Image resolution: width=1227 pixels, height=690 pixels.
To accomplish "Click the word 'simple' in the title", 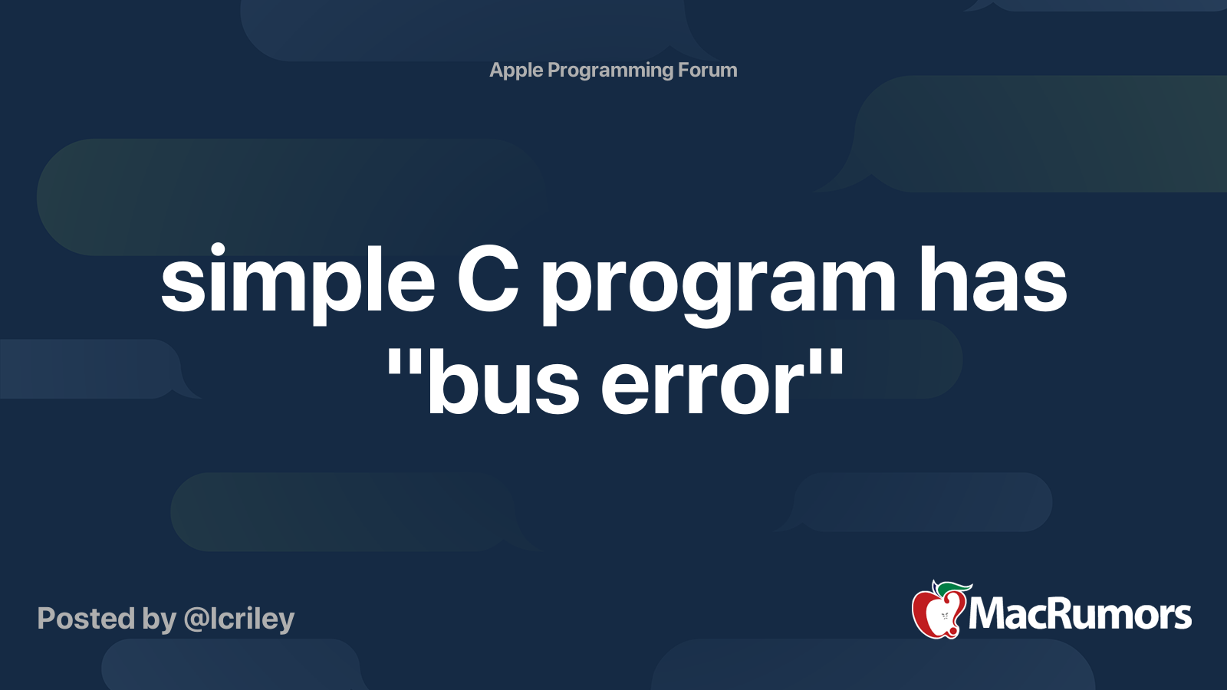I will pos(298,282).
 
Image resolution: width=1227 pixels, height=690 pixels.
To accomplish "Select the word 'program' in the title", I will pos(719,287).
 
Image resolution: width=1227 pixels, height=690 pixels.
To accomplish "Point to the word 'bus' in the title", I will pos(503,383).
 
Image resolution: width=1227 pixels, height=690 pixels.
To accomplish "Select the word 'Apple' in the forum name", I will pos(516,71).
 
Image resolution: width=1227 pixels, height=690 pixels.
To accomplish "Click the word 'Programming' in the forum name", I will pos(610,71).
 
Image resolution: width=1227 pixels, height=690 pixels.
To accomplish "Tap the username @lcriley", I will pos(239,619).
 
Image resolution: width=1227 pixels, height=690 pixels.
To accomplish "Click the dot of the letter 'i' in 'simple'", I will pos(216,250).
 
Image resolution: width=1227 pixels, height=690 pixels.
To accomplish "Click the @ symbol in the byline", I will pos(196,619).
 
